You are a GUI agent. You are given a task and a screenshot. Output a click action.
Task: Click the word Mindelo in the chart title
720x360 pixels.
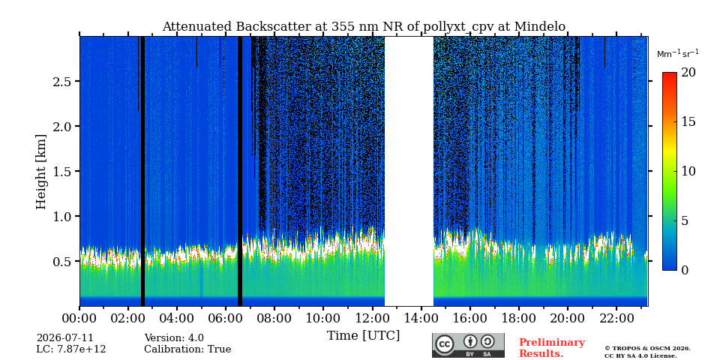(x=540, y=27)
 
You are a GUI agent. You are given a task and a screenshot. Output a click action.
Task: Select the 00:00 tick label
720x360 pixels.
(x=80, y=318)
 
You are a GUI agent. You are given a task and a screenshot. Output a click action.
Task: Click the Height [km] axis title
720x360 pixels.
(x=41, y=172)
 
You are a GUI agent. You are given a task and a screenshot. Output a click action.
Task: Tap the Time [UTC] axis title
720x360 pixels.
(x=363, y=336)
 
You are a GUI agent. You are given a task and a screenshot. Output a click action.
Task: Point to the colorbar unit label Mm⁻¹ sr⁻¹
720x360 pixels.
(x=678, y=54)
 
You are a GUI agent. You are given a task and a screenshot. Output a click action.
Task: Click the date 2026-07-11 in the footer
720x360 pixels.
(x=64, y=338)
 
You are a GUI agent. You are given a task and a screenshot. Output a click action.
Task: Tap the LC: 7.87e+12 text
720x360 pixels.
(x=71, y=349)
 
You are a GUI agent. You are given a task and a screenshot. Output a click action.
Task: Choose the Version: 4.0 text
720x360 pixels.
(x=174, y=338)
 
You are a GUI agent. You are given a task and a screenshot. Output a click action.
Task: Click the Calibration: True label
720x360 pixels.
(x=187, y=349)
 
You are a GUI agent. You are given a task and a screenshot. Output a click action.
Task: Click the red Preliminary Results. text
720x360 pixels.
(x=552, y=348)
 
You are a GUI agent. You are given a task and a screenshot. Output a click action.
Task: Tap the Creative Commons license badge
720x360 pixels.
(x=468, y=345)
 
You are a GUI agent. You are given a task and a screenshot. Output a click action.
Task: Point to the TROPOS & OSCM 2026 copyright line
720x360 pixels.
(x=647, y=349)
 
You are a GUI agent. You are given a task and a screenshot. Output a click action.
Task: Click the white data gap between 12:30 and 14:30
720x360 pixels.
(x=409, y=171)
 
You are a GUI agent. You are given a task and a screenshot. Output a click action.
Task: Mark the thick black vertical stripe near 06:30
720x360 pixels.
(x=240, y=171)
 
